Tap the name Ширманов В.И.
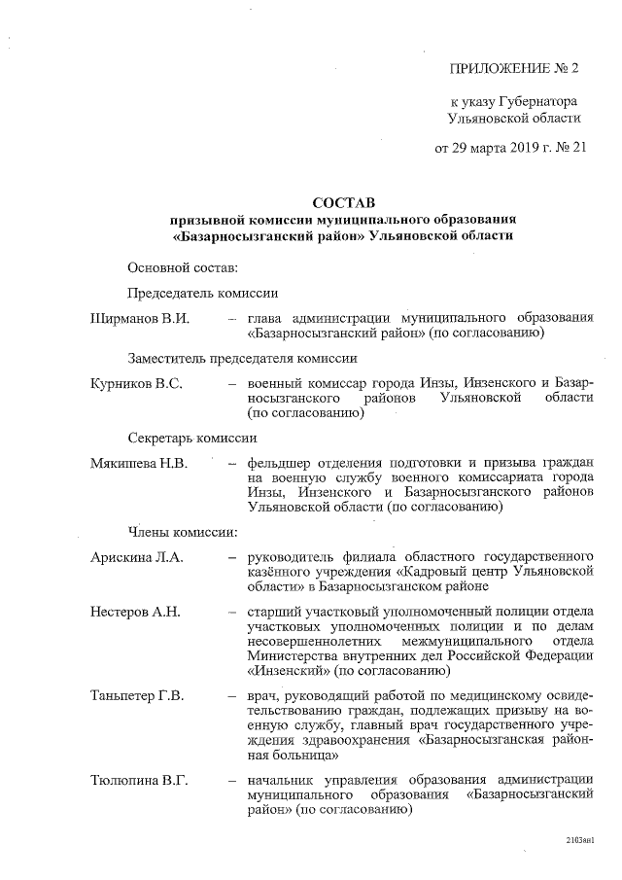[x=138, y=318]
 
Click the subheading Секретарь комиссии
[x=191, y=438]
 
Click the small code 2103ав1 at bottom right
[x=579, y=838]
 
